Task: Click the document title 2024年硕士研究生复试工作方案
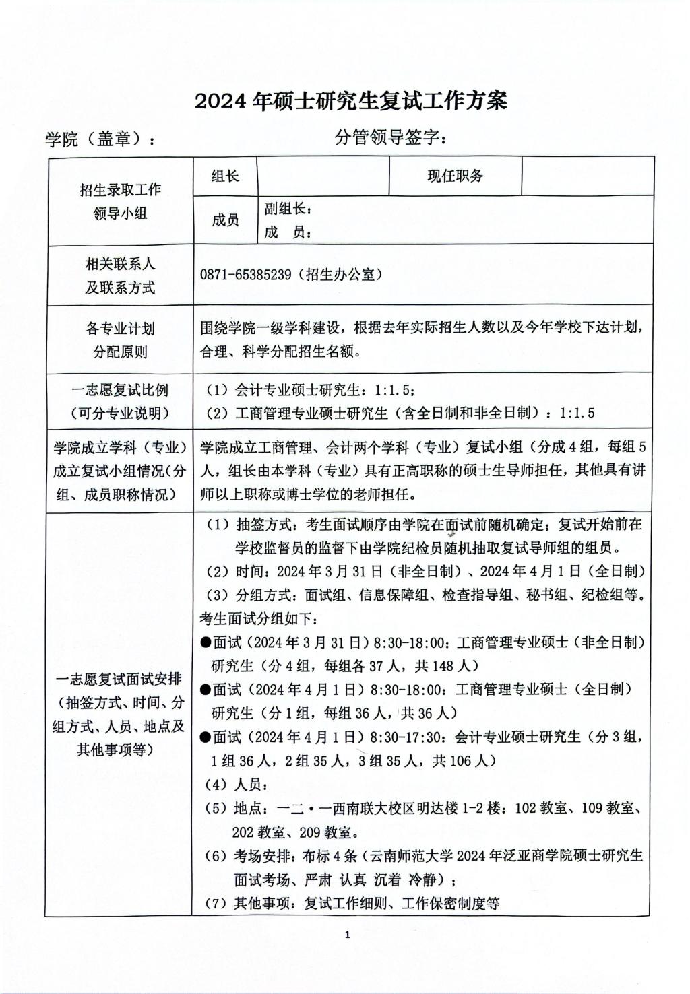[x=350, y=101]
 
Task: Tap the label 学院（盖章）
[x=99, y=139]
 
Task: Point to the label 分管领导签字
[x=389, y=138]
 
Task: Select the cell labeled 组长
[x=225, y=176]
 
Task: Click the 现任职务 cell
[x=456, y=176]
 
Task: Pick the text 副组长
[x=288, y=208]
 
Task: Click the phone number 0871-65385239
[x=246, y=275]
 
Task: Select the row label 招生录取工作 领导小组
[x=120, y=201]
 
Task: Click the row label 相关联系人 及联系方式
[x=120, y=275]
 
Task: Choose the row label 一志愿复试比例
[x=120, y=389]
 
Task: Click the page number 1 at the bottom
[x=347, y=934]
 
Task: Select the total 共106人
[x=464, y=761]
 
